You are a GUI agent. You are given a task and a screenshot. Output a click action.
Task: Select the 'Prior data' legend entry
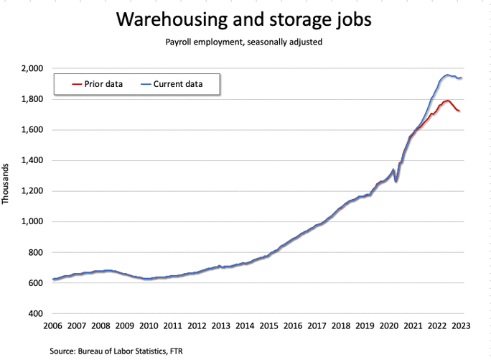(x=97, y=84)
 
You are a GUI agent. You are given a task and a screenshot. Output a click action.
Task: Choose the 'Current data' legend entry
(x=177, y=84)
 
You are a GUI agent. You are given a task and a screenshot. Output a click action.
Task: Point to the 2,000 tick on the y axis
(x=33, y=68)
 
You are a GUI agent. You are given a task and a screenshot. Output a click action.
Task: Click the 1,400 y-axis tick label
(x=33, y=160)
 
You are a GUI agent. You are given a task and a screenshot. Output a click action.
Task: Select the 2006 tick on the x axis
(x=52, y=326)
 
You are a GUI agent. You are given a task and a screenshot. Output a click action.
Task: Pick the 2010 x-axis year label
(x=149, y=326)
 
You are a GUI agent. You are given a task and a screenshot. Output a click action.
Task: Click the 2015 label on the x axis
(x=269, y=326)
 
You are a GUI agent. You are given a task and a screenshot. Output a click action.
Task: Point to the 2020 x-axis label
(x=389, y=326)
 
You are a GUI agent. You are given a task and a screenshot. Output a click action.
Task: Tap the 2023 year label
(x=462, y=326)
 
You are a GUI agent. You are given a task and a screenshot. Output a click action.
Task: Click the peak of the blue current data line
(x=447, y=75)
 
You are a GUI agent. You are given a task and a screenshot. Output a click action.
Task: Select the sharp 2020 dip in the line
(x=396, y=181)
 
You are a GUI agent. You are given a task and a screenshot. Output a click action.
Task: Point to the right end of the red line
(x=460, y=111)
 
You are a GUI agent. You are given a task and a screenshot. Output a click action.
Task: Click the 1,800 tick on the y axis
(x=33, y=99)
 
